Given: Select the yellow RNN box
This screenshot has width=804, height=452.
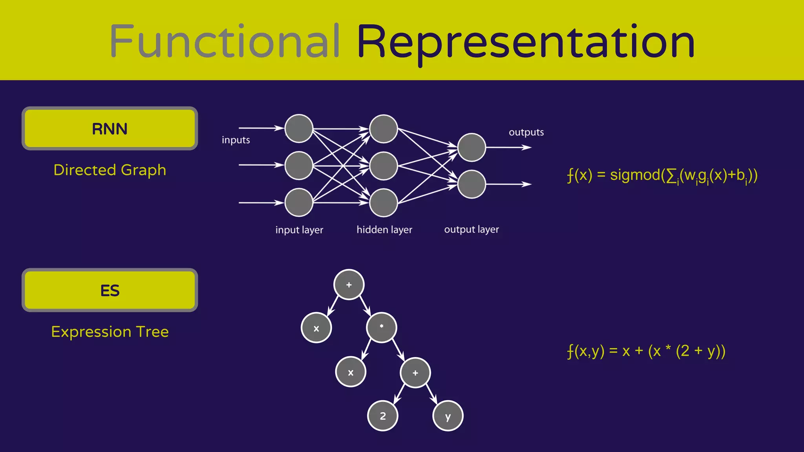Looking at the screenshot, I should coord(110,129).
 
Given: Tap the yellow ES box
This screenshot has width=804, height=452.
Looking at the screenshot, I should coord(110,290).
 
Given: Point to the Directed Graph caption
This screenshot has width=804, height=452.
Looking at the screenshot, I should coord(110,170).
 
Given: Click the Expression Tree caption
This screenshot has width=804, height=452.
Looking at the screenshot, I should coord(110,332).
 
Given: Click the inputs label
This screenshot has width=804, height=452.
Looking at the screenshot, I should coord(236,140).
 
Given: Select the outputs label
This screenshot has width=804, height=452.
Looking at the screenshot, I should coord(526,132).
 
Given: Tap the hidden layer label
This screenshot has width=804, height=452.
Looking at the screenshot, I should coord(384,230).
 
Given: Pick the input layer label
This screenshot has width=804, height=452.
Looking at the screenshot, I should coord(299,230).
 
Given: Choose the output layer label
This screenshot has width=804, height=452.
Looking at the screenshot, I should coord(471,230).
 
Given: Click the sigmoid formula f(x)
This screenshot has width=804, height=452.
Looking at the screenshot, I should coord(662,175).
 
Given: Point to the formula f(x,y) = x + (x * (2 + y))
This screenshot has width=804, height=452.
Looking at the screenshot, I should coord(646,351).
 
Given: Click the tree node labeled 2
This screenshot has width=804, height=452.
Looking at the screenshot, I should coord(383,416).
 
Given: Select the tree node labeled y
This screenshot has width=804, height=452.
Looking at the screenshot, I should coord(448,416).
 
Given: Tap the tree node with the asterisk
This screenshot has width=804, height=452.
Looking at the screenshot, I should coord(382,328).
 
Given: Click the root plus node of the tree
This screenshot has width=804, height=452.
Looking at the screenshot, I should coord(349,284).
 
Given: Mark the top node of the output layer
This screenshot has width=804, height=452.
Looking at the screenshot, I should coord(471,148).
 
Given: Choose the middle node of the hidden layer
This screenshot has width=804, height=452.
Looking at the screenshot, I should coord(384,166).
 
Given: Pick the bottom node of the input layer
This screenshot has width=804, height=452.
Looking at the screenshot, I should coord(299,202).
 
